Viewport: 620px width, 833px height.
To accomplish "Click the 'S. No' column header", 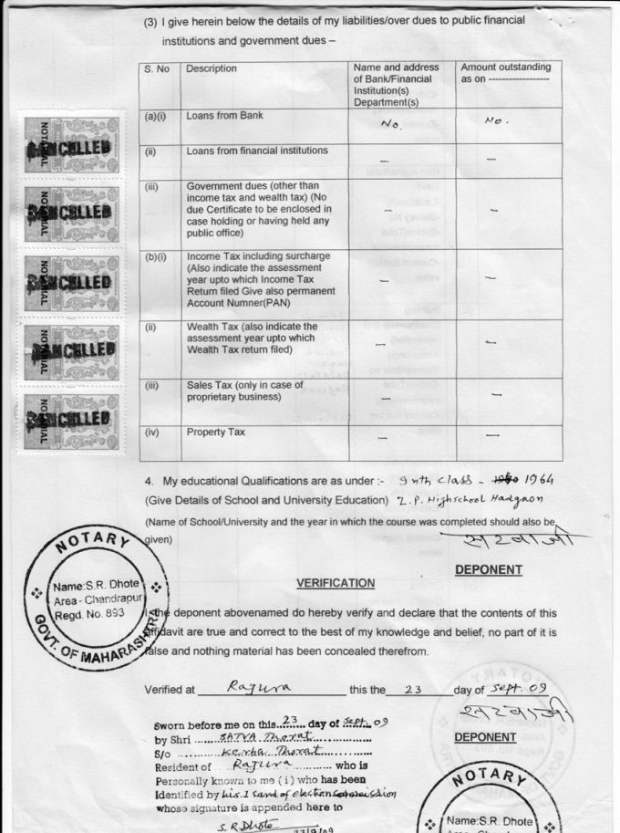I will pyautogui.click(x=157, y=69).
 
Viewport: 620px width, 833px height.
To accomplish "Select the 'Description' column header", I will pyautogui.click(x=212, y=69).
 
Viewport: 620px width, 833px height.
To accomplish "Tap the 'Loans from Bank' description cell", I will pyautogui.click(x=224, y=117).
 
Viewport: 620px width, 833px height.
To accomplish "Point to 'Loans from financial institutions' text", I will pyautogui.click(x=257, y=151).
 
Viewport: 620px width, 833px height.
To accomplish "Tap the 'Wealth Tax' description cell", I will pyautogui.click(x=253, y=338).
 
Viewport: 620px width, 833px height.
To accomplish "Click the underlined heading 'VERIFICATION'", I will pyautogui.click(x=336, y=583).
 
